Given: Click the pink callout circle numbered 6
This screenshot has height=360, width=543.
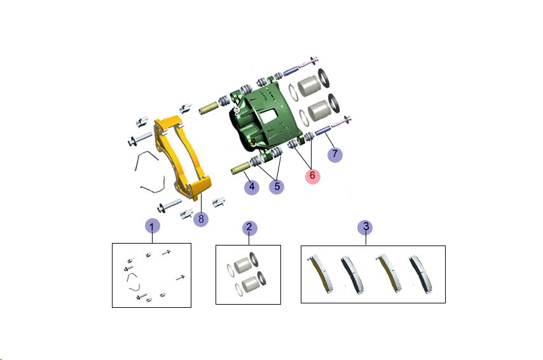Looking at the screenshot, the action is pos(312,176).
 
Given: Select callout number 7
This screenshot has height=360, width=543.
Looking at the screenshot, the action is pos(335,154).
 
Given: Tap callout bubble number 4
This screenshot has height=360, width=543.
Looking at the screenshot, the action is pos(252,187).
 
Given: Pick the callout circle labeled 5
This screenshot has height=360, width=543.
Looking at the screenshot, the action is pos(277,187).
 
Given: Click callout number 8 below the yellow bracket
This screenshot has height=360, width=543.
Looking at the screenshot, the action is pos(201,219).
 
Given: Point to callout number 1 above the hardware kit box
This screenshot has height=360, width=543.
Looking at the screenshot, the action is pos(153,227).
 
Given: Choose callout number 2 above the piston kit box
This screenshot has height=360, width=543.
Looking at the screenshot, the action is pos(249,228).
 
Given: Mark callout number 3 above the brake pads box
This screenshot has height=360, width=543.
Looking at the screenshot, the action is pos(366,227).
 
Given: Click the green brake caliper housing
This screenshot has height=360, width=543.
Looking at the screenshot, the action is pos(263,120).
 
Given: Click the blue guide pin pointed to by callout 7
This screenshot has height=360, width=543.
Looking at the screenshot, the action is pos(323,130).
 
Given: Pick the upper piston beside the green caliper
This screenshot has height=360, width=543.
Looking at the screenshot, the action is pos(308,86).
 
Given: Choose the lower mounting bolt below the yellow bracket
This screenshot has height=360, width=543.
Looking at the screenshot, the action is pos(169,205).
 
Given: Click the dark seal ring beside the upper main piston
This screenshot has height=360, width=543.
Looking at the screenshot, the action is pos(324,78).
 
